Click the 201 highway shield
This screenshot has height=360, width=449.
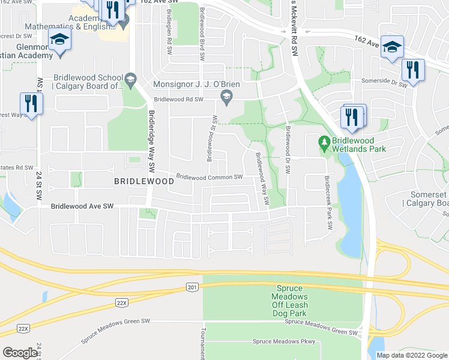(x=191, y=288)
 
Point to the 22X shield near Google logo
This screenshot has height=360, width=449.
(x=23, y=329)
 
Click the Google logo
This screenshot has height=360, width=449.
(x=20, y=353)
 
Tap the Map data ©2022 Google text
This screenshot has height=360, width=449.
(x=411, y=355)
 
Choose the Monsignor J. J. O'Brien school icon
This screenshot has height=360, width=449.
(x=226, y=96)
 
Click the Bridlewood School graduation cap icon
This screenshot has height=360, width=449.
(x=130, y=79)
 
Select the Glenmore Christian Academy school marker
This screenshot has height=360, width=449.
(x=59, y=41)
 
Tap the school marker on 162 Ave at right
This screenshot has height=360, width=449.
(x=391, y=47)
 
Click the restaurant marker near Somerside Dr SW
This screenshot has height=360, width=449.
(x=413, y=70)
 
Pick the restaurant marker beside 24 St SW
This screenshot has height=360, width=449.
(x=30, y=104)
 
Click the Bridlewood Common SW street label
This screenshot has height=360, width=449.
(x=209, y=177)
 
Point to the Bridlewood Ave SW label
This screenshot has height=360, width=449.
(x=82, y=206)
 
